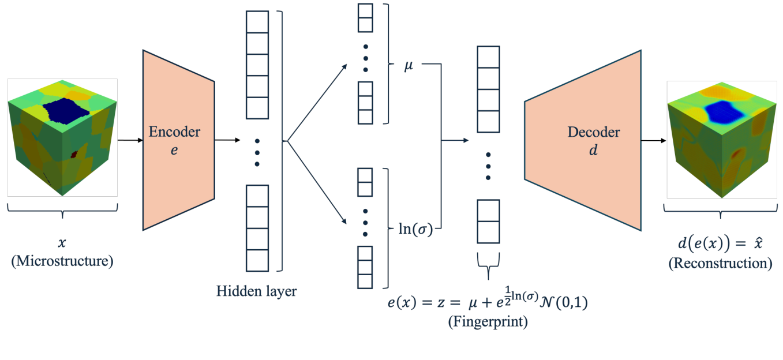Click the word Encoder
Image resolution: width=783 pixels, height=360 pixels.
[x=174, y=132]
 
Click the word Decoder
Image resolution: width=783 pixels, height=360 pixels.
[x=594, y=132]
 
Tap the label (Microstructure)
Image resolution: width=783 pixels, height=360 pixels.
[x=62, y=261]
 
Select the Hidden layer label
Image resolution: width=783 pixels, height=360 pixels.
[x=256, y=291]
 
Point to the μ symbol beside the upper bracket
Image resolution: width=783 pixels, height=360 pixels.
[x=409, y=65]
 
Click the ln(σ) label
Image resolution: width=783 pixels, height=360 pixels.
[x=415, y=229]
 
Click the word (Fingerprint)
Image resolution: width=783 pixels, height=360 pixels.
[x=488, y=321]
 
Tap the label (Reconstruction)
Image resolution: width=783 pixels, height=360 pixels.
[x=721, y=263]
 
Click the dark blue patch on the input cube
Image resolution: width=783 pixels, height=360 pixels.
[x=66, y=111]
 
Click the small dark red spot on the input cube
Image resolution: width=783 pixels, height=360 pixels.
[x=74, y=154]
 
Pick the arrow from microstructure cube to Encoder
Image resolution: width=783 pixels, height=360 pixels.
[x=130, y=140]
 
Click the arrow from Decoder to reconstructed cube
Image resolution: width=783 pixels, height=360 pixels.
[x=654, y=141]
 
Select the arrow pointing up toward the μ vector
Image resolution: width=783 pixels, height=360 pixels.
[x=317, y=103]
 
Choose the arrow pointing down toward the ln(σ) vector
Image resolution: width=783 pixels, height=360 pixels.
[x=317, y=182]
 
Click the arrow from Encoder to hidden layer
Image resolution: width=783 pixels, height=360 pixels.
[x=227, y=140]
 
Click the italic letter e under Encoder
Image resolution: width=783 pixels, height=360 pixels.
[x=174, y=151]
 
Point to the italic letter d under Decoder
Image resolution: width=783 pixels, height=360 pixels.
[x=593, y=149]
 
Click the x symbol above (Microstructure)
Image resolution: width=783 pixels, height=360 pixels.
[x=62, y=242]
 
